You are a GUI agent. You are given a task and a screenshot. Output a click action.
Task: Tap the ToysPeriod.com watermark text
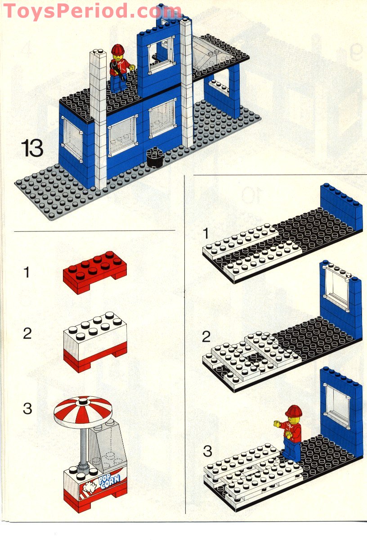[x=92, y=11]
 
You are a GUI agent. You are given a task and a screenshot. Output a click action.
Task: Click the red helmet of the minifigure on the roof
[x=118, y=49]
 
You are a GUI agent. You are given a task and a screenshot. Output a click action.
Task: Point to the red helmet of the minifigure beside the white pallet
[x=294, y=411]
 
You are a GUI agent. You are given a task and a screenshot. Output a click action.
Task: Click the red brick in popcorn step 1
[x=95, y=272]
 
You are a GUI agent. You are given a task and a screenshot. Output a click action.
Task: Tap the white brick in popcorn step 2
[x=95, y=330]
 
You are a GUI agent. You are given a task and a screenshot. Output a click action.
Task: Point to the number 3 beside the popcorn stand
[x=27, y=408]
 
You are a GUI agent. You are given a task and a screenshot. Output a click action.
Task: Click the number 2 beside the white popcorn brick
[x=27, y=334]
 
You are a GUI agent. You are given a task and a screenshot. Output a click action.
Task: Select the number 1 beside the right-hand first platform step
[x=206, y=233]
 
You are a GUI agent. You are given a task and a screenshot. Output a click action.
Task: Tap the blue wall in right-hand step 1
[x=341, y=207]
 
